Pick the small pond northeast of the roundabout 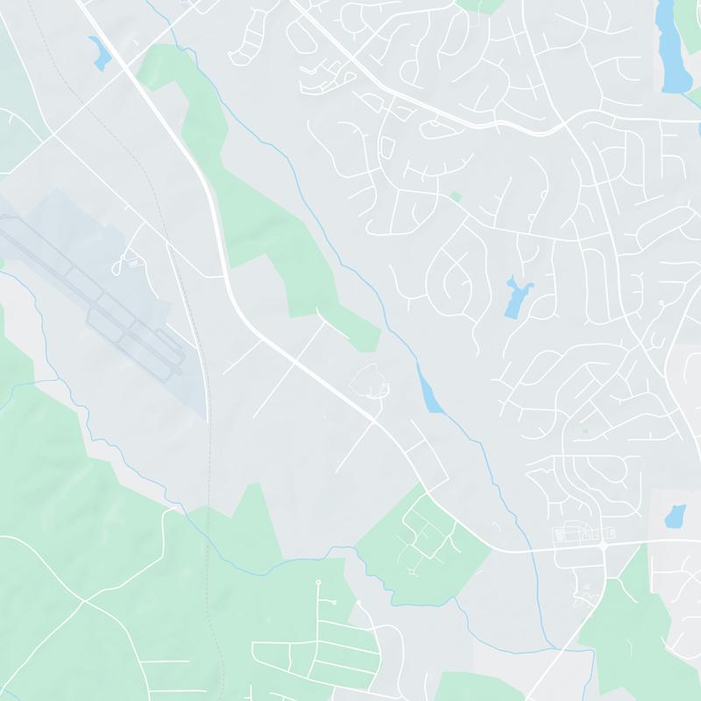click(675, 516)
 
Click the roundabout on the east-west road click(603, 546)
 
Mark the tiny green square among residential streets click(456, 196)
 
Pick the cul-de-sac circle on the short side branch click(332, 603)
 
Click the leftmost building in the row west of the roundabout click(557, 533)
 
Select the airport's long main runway click(88, 280)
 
